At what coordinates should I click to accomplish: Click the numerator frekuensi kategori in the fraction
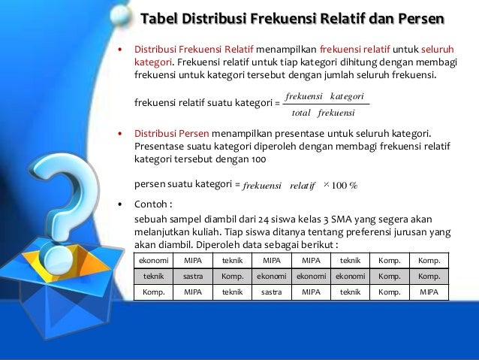pyautogui.click(x=325, y=97)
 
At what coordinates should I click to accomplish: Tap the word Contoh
pyautogui.click(x=151, y=204)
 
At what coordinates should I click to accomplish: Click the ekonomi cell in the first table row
pyautogui.click(x=153, y=261)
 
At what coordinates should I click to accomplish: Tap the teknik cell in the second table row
pyautogui.click(x=153, y=277)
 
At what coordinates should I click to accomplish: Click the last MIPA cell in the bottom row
pyautogui.click(x=429, y=292)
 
